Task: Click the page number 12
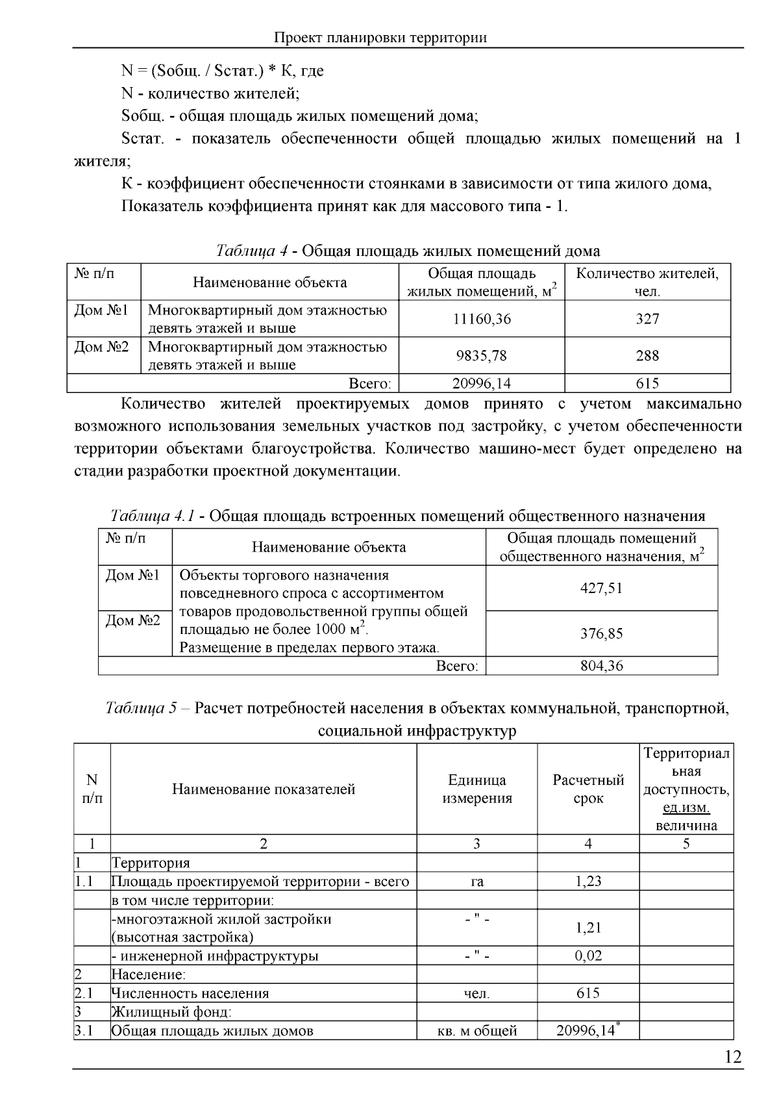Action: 732,1058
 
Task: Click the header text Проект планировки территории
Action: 380,38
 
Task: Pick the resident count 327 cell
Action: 647,319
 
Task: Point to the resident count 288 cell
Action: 647,355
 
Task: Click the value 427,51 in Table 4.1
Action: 601,588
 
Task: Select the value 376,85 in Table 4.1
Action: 601,633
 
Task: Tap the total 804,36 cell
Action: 601,666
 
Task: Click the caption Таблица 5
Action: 140,708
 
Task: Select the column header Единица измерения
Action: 477,789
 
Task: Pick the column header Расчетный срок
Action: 588,789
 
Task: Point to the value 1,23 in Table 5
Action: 588,881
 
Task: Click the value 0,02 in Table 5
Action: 588,956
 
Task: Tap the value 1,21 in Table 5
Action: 588,928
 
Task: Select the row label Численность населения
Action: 190,993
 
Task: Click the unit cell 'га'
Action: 477,881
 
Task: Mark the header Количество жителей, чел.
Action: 647,282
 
